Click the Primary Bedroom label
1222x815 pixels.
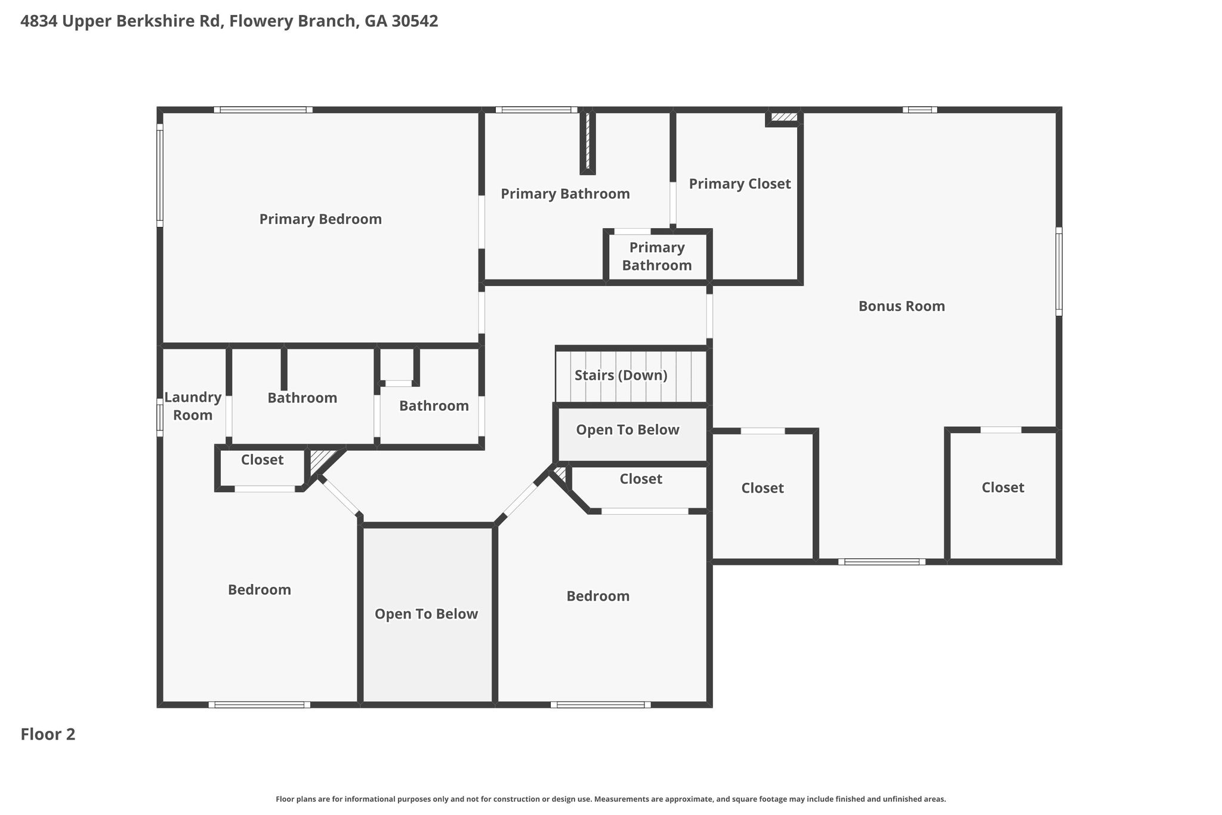320,219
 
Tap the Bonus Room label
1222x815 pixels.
902,306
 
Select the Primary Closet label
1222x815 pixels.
740,184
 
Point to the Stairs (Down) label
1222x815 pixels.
621,376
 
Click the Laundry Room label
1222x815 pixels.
193,406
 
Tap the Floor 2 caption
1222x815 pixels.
48,734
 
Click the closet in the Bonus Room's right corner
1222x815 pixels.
1003,488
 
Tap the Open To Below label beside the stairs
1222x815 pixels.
628,430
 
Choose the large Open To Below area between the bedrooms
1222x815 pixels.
427,614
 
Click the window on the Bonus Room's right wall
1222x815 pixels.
1059,272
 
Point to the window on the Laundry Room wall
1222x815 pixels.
160,417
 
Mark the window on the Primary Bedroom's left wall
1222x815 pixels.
160,176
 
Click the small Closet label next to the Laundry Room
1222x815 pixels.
262,460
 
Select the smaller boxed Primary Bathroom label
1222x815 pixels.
657,256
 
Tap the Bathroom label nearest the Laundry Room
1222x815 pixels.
302,398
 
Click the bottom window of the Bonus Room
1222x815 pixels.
882,562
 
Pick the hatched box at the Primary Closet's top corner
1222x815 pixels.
783,117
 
